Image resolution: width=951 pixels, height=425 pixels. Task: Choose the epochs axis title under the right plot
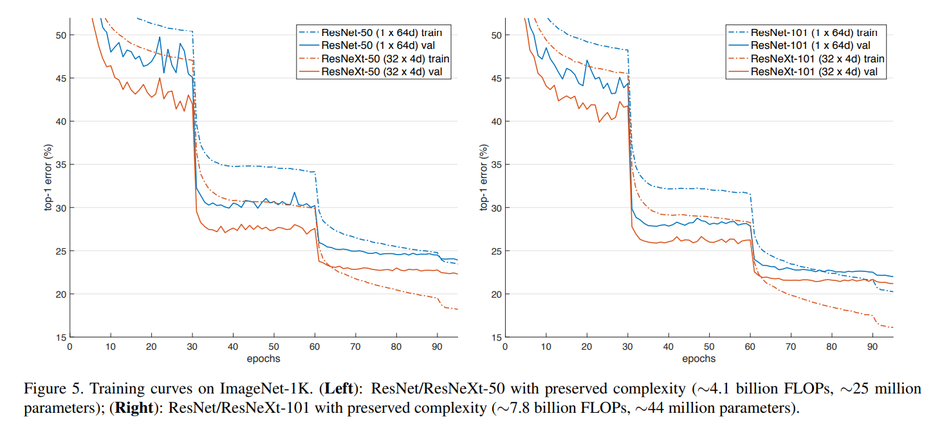(x=699, y=358)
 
